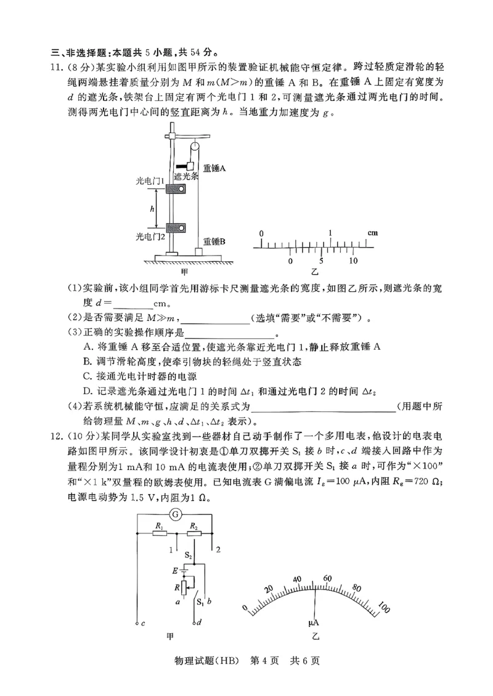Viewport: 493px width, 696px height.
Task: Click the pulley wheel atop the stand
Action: [x=194, y=148]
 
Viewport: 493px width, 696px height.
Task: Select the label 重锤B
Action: [x=214, y=242]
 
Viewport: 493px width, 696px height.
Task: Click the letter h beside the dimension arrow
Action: [x=152, y=209]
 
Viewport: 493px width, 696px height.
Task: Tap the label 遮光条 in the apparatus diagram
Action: [x=185, y=176]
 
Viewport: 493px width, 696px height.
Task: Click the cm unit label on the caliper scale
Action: [x=373, y=233]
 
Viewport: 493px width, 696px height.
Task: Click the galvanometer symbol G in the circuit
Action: [x=176, y=514]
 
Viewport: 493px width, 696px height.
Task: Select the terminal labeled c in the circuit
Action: [x=142, y=623]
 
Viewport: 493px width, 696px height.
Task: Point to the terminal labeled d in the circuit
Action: [x=200, y=623]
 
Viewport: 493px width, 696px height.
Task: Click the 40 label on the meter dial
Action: [x=297, y=580]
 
